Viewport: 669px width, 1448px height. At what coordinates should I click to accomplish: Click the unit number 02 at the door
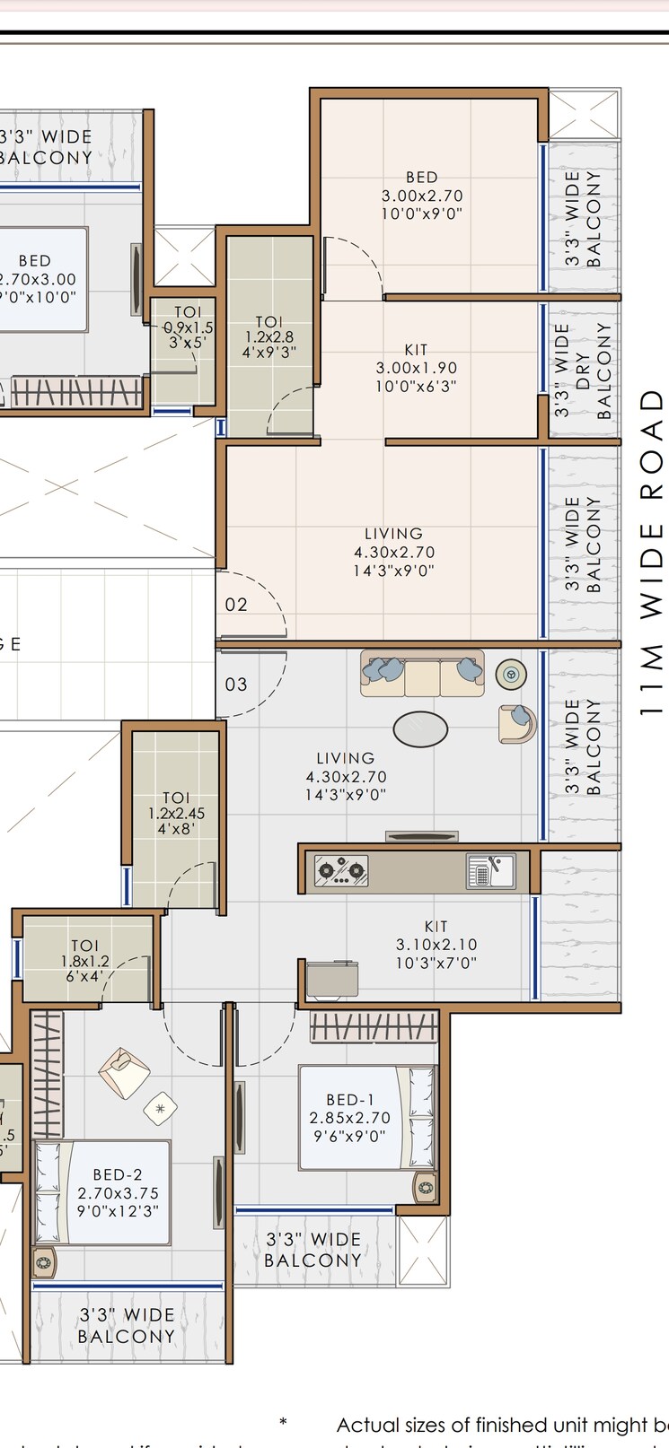pyautogui.click(x=236, y=605)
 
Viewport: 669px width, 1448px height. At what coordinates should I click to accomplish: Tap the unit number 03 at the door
pyautogui.click(x=236, y=685)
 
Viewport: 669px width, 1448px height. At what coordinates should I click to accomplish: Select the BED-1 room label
pyautogui.click(x=349, y=1117)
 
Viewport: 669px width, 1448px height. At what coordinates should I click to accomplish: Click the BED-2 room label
pyautogui.click(x=118, y=1192)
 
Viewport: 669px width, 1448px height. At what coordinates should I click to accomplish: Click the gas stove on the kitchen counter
pyautogui.click(x=341, y=869)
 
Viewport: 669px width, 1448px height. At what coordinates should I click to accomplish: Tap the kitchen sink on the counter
pyautogui.click(x=490, y=870)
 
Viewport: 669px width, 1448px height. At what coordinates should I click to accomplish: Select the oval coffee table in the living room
pyautogui.click(x=420, y=729)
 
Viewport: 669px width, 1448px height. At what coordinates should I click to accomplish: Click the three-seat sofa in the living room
pyautogui.click(x=422, y=674)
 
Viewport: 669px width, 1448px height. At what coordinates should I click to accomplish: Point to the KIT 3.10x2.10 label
pyautogui.click(x=436, y=944)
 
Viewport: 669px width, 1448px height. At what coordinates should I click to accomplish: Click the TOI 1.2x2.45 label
pyautogui.click(x=177, y=814)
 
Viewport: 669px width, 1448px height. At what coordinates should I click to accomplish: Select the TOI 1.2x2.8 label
pyautogui.click(x=269, y=336)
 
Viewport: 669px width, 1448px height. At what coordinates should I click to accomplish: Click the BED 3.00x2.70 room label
pyautogui.click(x=422, y=196)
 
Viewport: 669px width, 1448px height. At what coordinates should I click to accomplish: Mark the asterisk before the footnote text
pyautogui.click(x=284, y=1422)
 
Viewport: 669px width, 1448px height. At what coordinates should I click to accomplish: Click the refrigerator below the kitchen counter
pyautogui.click(x=332, y=980)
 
